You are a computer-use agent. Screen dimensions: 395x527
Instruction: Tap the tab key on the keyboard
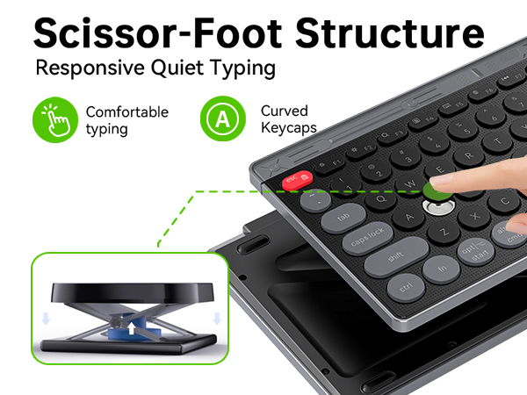click(x=343, y=217)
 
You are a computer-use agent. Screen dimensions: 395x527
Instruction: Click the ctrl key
click(x=405, y=285)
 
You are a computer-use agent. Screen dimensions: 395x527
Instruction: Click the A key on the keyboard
click(x=409, y=217)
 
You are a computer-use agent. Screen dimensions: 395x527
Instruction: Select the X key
click(x=475, y=214)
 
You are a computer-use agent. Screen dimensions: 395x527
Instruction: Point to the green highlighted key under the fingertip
click(x=437, y=188)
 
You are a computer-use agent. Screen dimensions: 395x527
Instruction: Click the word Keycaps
click(x=287, y=128)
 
